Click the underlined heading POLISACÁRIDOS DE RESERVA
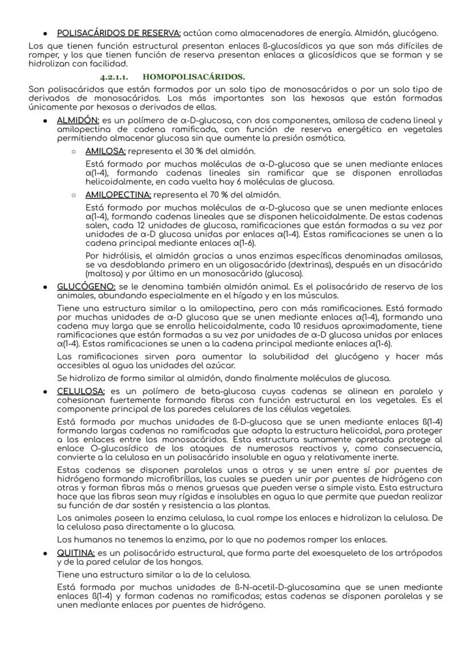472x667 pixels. pyautogui.click(x=119, y=33)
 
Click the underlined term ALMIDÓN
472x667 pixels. pyautogui.click(x=78, y=120)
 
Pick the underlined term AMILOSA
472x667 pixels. pyautogui.click(x=106, y=152)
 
